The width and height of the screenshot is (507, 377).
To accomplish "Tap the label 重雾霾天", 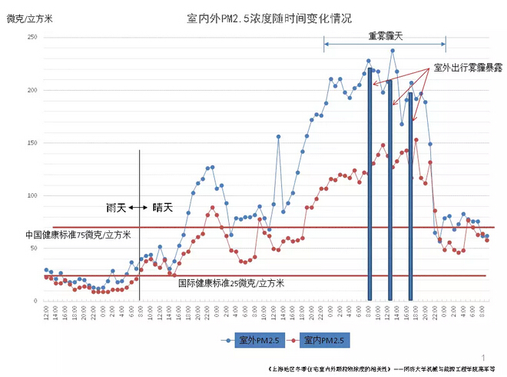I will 384,36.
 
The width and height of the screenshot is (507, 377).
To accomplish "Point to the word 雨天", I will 115,208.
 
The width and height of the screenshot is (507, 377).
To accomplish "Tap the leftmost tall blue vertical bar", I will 370,185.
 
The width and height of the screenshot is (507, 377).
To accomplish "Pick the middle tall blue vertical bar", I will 390,190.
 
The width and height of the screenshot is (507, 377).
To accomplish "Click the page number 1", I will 484,357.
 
